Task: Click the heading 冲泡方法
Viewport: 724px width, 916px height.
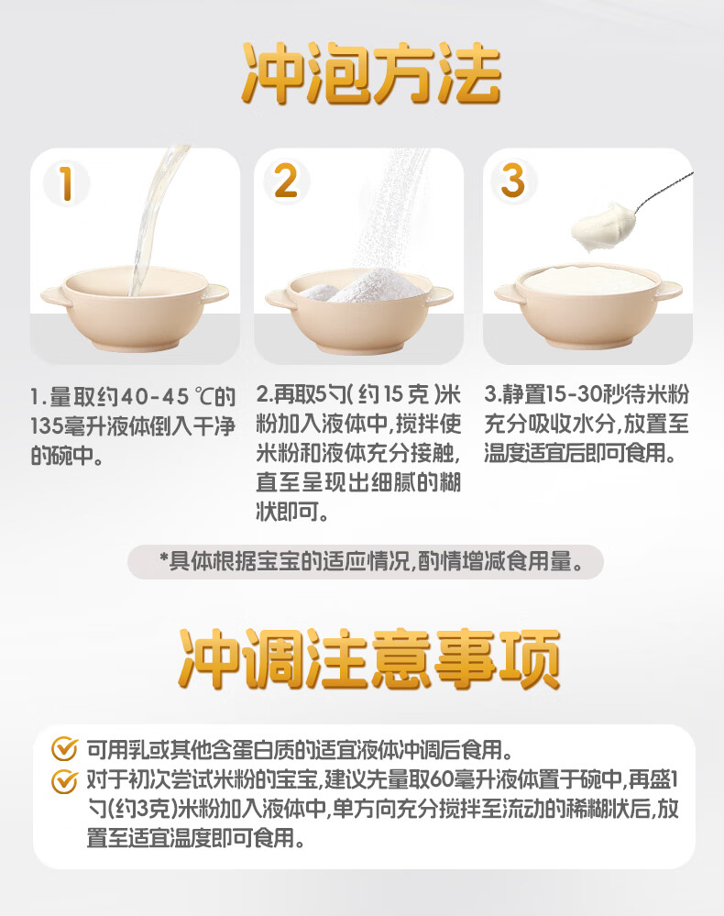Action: click(x=372, y=73)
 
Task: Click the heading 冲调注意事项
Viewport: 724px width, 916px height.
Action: click(x=369, y=659)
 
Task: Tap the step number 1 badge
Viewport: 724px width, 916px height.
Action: click(x=67, y=182)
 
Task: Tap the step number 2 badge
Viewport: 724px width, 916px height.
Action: click(x=286, y=182)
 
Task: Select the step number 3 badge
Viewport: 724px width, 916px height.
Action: click(x=513, y=181)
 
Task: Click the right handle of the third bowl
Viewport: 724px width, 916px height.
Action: click(x=668, y=290)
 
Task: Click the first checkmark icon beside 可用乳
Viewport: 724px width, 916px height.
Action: click(x=64, y=748)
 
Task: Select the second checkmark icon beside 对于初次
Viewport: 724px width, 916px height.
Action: click(x=64, y=781)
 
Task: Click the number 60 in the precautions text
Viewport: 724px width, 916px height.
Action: click(x=444, y=779)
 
